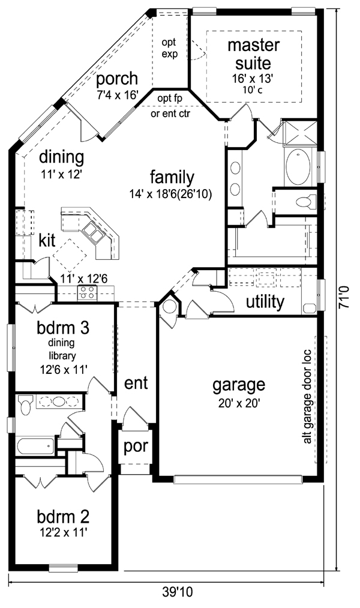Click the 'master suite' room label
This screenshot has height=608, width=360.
[253, 53]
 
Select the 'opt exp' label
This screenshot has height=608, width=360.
[170, 48]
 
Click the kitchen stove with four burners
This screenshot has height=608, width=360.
[87, 293]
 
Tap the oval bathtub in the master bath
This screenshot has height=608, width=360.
[298, 167]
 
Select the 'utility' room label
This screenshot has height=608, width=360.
[265, 301]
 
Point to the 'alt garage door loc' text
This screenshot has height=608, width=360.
[307, 397]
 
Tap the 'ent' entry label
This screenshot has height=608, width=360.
[136, 383]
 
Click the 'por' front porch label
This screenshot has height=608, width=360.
[136, 447]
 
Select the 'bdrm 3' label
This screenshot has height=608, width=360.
[63, 328]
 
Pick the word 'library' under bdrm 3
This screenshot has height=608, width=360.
[62, 355]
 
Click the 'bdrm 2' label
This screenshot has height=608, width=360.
[63, 517]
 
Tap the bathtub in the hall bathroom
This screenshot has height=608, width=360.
[35, 447]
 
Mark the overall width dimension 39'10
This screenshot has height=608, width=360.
[177, 592]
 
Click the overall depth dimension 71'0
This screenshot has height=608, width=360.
[344, 297]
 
